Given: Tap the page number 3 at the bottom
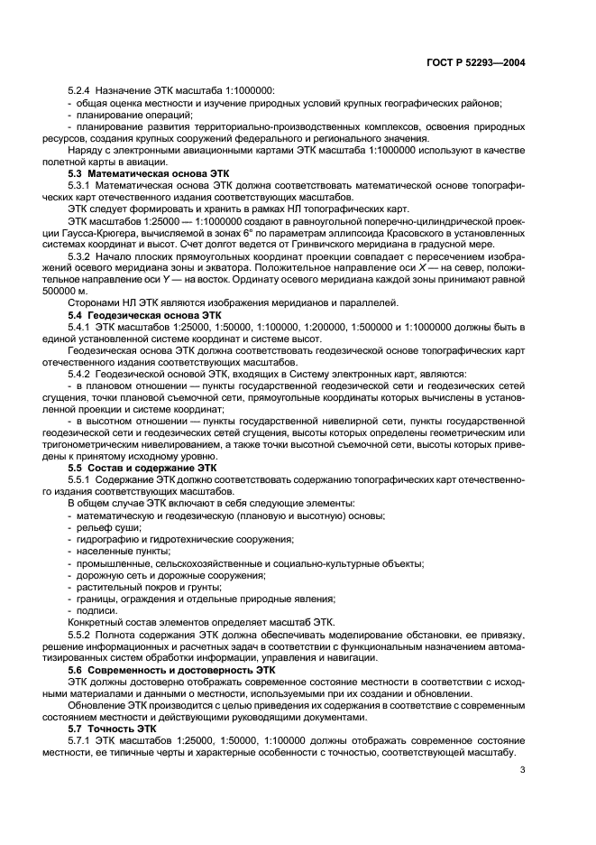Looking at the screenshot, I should (x=523, y=769).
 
